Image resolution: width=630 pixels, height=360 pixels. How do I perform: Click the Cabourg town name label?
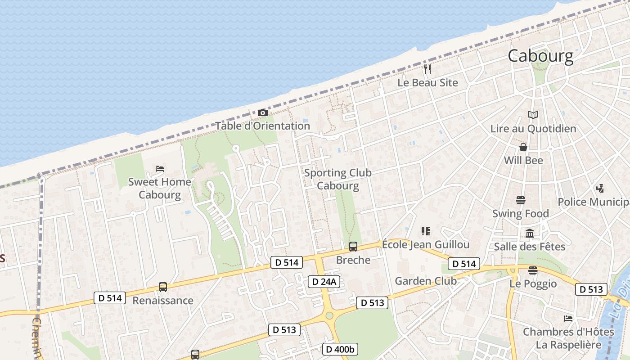540,56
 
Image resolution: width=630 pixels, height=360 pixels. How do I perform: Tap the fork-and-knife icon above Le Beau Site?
427,69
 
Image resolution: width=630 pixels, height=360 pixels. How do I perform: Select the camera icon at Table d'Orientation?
263,112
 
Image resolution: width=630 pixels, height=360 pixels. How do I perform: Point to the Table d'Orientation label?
262,126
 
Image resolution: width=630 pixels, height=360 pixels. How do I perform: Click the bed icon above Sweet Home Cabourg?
160,169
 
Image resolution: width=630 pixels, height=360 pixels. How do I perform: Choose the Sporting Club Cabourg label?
338,179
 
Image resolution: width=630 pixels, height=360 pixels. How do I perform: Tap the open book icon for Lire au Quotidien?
533,115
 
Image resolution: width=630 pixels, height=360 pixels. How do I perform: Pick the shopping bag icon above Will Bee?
523,147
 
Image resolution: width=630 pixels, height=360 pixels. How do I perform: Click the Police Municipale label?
594,202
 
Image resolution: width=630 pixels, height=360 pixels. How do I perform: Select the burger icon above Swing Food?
521,200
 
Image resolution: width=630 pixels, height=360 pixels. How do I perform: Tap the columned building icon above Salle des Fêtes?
530,234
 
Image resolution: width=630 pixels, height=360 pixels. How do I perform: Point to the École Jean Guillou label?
426,245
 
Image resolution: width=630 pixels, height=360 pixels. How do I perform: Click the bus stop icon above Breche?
353,247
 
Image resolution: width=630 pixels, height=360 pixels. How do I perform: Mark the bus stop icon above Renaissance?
163,287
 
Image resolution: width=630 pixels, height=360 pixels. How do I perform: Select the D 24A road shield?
324,282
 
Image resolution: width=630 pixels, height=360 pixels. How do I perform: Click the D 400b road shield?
340,349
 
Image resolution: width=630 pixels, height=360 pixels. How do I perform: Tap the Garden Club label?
426,281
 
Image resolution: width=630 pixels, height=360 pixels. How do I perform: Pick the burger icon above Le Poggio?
533,270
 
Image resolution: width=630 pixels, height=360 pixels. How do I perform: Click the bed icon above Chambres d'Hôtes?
568,319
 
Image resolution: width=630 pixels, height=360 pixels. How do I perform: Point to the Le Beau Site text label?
427,83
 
